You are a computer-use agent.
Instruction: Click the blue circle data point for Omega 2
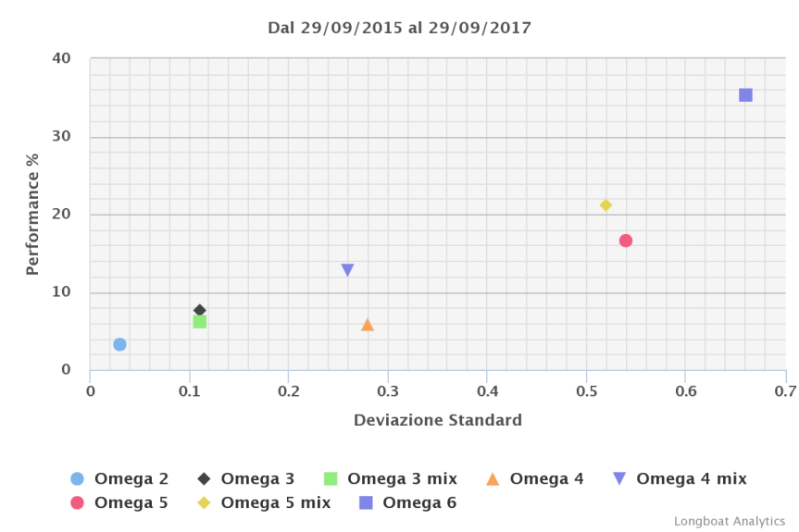point(119,344)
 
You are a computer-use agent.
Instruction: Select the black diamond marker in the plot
point(199,310)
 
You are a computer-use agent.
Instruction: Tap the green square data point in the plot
point(199,322)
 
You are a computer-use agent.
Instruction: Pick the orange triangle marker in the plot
point(368,325)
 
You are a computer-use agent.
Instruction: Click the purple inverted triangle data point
point(347,270)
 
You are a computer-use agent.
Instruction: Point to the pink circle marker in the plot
point(626,241)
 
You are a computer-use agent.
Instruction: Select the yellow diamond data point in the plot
point(605,205)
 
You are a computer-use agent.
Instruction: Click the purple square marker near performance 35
point(745,95)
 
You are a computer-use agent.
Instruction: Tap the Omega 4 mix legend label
point(691,478)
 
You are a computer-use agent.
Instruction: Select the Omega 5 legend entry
point(131,502)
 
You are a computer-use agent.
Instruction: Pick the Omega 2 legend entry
point(131,478)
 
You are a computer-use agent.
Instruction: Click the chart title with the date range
point(399,28)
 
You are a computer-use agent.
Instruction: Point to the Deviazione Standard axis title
point(437,420)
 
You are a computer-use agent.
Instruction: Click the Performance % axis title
point(32,215)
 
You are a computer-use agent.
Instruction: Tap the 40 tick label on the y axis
point(61,58)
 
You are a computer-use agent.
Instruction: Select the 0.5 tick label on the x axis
point(586,391)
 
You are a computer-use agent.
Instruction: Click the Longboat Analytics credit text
point(729,521)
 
